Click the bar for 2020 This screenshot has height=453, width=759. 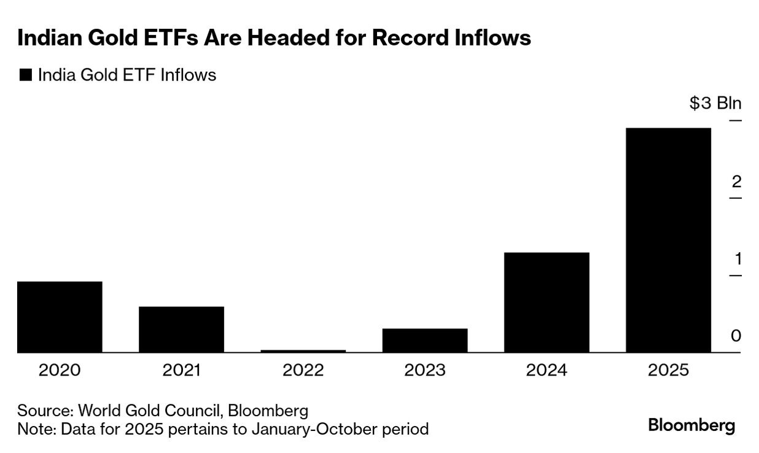pyautogui.click(x=60, y=317)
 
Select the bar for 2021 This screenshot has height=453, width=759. pyautogui.click(x=181, y=329)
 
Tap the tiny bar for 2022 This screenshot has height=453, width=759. pyautogui.click(x=303, y=350)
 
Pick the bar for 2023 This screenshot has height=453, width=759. pyautogui.click(x=424, y=340)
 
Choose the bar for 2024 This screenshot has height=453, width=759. pyautogui.click(x=546, y=302)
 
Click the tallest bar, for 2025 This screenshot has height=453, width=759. pyautogui.click(x=668, y=240)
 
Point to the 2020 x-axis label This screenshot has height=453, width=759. pyautogui.click(x=60, y=370)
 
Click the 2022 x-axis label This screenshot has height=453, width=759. pyautogui.click(x=303, y=370)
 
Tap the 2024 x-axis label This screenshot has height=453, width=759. pyautogui.click(x=546, y=370)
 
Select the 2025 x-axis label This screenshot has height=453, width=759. pyautogui.click(x=668, y=370)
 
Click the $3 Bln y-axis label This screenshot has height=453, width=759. pyautogui.click(x=715, y=103)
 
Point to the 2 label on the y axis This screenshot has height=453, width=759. pyautogui.click(x=736, y=182)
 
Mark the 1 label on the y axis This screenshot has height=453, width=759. pyautogui.click(x=738, y=259)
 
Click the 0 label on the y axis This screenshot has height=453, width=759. pyautogui.click(x=736, y=336)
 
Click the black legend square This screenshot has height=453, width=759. pyautogui.click(x=25, y=75)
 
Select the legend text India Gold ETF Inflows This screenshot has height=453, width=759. pyautogui.click(x=127, y=75)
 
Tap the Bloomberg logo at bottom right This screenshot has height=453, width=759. pyautogui.click(x=691, y=425)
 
